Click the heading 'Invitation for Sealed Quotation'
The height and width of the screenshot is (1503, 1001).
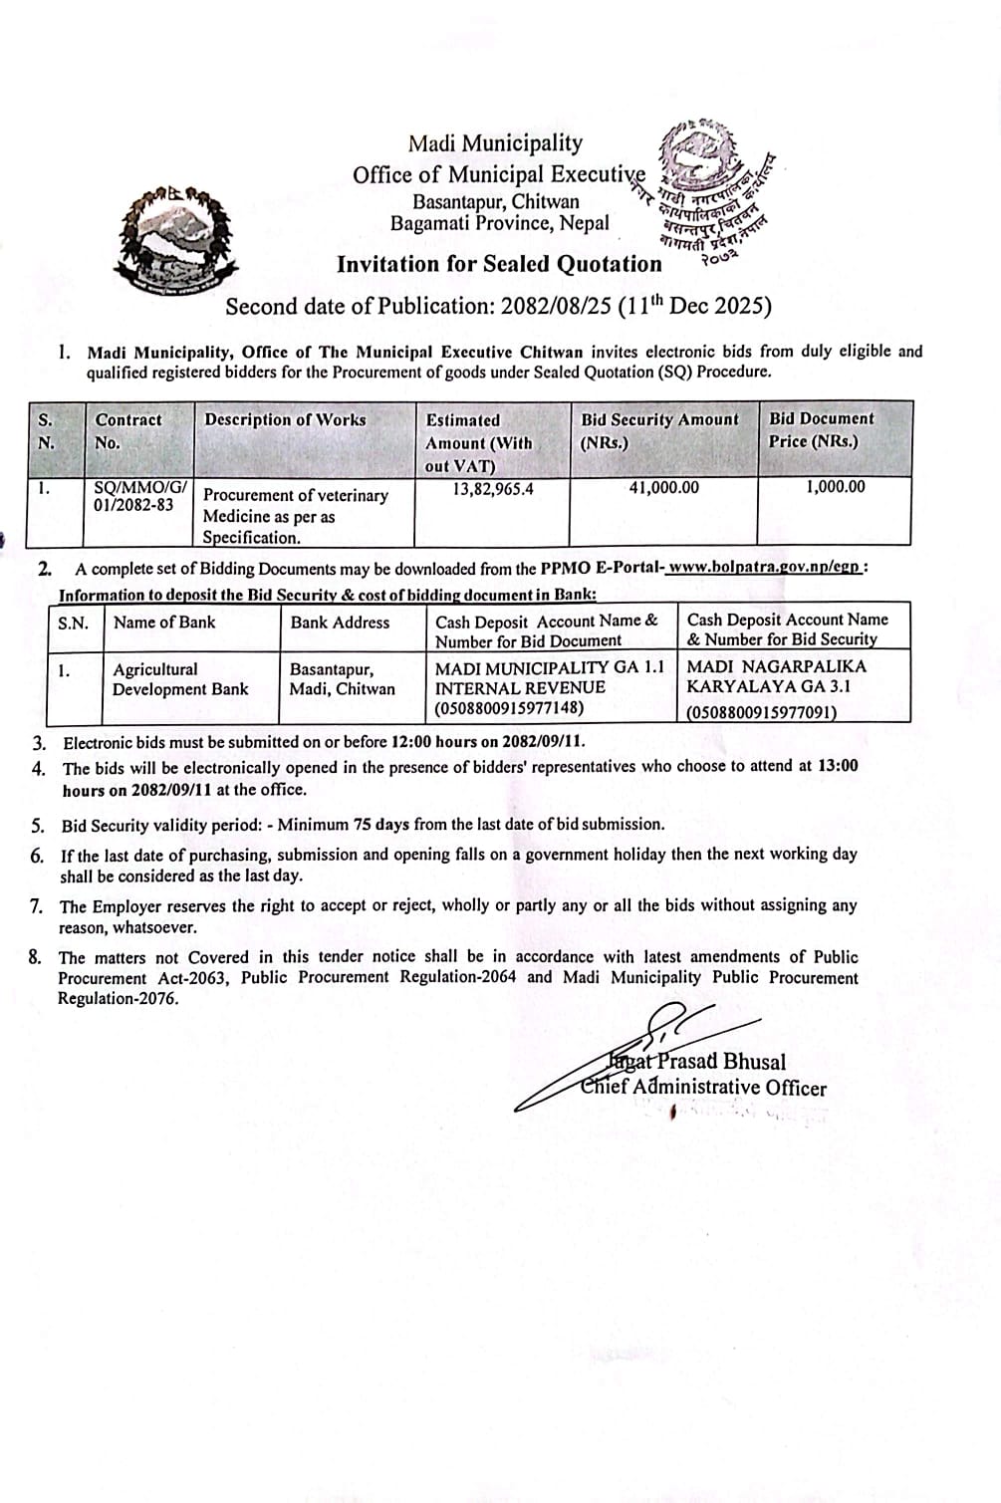[x=499, y=264]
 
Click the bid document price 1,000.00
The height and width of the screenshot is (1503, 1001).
[x=835, y=487]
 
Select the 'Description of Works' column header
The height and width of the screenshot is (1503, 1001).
[x=285, y=420]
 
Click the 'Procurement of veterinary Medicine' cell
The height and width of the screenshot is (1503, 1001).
[x=295, y=516]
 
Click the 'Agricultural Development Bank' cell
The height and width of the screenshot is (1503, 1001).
[x=180, y=679]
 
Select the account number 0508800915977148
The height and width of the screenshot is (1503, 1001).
[x=510, y=709]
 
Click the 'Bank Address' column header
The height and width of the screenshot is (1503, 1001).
[x=340, y=623]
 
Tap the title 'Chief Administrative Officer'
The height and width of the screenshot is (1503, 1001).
[x=703, y=1087]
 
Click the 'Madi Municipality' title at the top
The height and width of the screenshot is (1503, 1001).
[x=495, y=144]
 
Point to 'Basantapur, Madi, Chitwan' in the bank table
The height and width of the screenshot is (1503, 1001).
[x=342, y=679]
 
